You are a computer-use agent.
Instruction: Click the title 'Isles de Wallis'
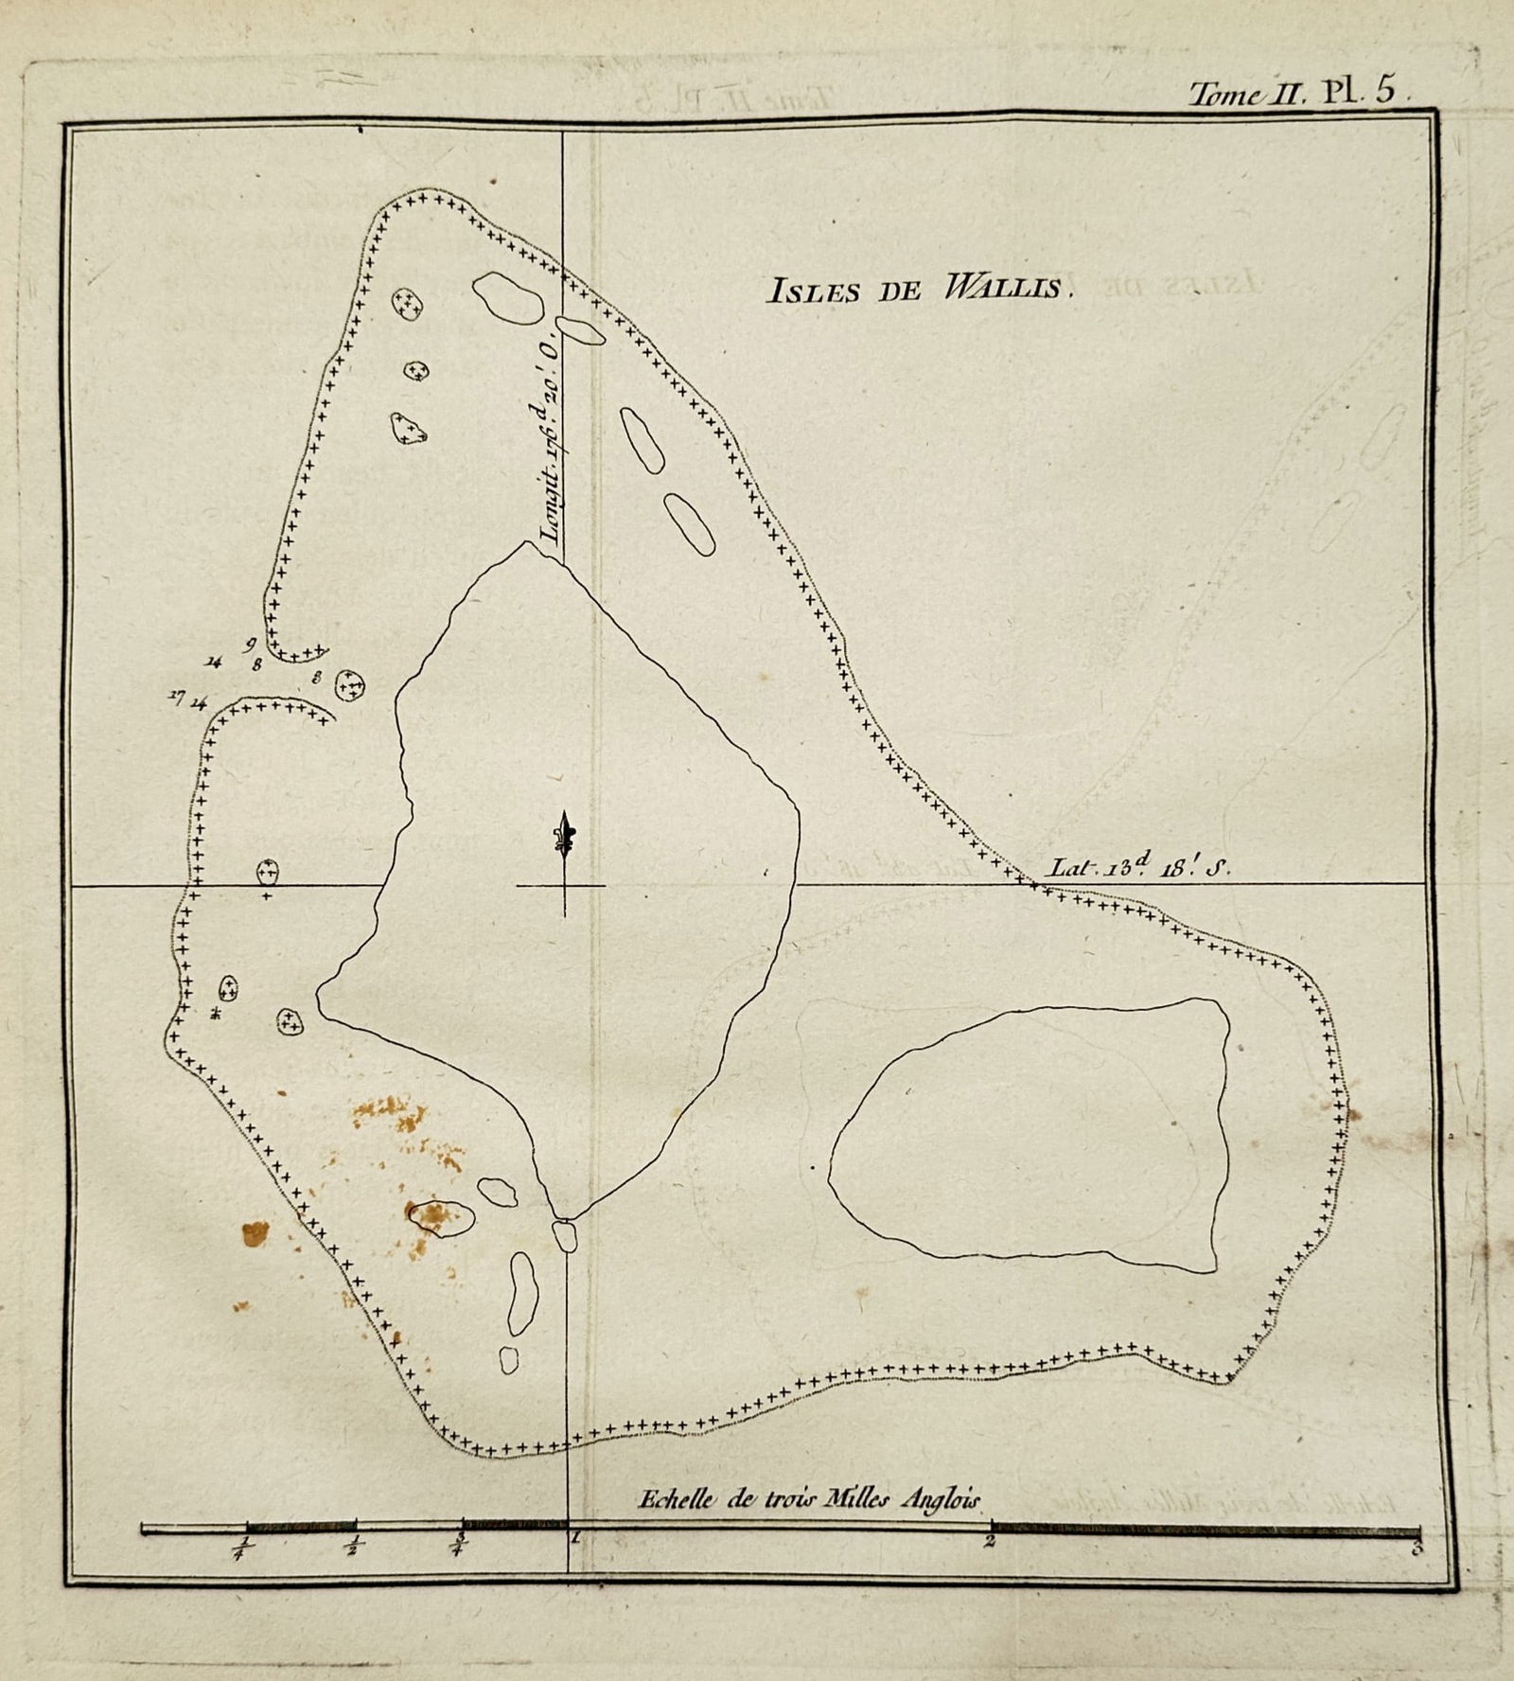tap(920, 289)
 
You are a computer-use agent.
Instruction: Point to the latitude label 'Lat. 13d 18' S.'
tap(1139, 867)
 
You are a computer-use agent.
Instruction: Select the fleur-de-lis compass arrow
tap(565, 839)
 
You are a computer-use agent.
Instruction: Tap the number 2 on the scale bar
tap(990, 1542)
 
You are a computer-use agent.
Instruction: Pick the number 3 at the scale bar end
tap(1416, 1548)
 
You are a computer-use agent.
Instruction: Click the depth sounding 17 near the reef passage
tap(176, 697)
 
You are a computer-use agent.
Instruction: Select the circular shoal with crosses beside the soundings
tap(350, 684)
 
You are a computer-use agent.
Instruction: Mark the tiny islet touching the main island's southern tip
tap(565, 1236)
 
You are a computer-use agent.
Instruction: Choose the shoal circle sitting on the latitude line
tap(268, 871)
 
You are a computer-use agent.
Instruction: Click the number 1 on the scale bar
tap(573, 1540)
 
